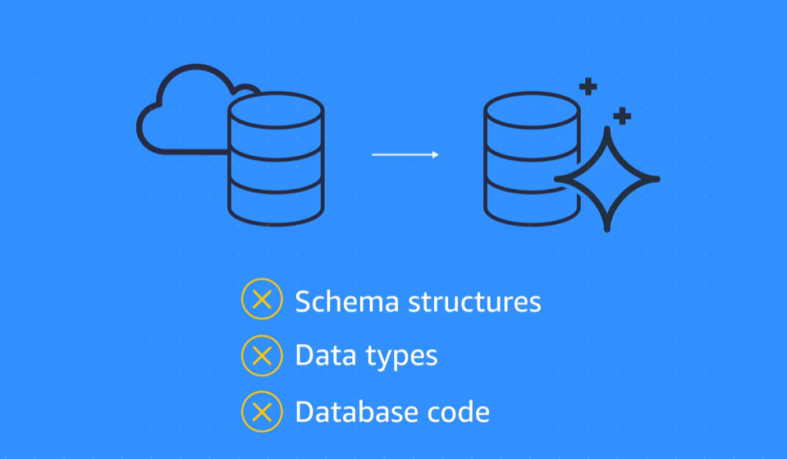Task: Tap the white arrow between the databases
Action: pos(404,154)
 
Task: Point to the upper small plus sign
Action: pos(588,85)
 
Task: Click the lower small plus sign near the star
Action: pos(622,116)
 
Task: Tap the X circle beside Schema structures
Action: pos(262,301)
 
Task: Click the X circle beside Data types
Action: pos(262,356)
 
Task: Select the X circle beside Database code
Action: pos(262,411)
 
